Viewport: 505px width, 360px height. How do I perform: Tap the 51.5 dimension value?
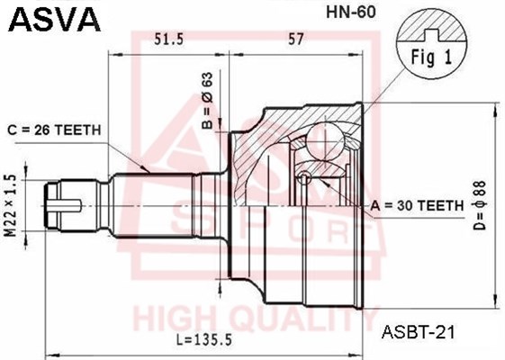pos(168,39)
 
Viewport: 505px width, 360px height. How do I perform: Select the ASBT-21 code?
pos(418,330)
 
